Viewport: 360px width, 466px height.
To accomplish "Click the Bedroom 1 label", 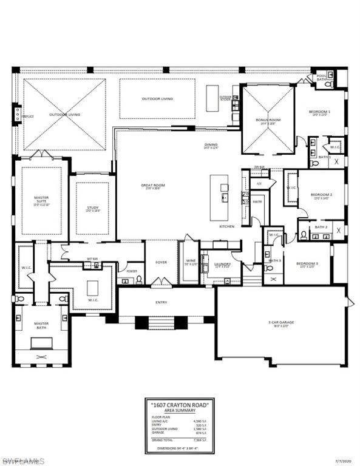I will click(x=321, y=113).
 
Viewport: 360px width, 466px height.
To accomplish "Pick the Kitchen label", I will click(x=226, y=226).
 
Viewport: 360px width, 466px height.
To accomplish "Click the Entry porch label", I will click(x=161, y=301).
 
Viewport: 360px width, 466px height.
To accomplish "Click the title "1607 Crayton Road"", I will click(x=180, y=404).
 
